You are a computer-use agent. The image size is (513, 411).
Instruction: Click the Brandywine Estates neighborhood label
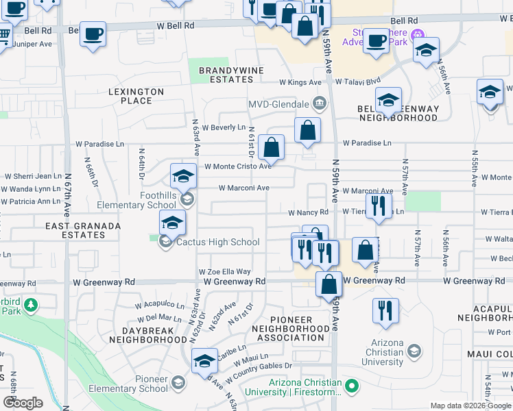pyautogui.click(x=226, y=75)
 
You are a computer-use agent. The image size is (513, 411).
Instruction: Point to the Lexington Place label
pyautogui.click(x=136, y=96)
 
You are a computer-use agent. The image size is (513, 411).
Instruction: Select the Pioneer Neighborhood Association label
pyautogui.click(x=291, y=329)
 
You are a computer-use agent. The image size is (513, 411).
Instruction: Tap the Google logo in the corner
pyautogui.click(x=23, y=403)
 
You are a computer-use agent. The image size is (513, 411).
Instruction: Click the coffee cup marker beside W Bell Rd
pyautogui.click(x=93, y=34)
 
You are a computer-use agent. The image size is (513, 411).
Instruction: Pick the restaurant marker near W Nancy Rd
pyautogui.click(x=378, y=206)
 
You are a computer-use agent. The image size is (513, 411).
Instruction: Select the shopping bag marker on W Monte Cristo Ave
pyautogui.click(x=272, y=148)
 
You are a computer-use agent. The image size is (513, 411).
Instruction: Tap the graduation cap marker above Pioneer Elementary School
pyautogui.click(x=204, y=362)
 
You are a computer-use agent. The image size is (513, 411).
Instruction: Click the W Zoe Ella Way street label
pyautogui.click(x=225, y=272)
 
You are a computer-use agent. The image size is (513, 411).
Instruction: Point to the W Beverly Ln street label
pyautogui.click(x=223, y=127)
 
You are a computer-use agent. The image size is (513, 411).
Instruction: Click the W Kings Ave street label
pyautogui.click(x=300, y=82)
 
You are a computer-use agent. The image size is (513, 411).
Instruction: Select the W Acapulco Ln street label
pyautogui.click(x=160, y=306)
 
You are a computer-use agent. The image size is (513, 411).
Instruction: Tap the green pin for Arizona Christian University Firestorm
pyautogui.click(x=352, y=387)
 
